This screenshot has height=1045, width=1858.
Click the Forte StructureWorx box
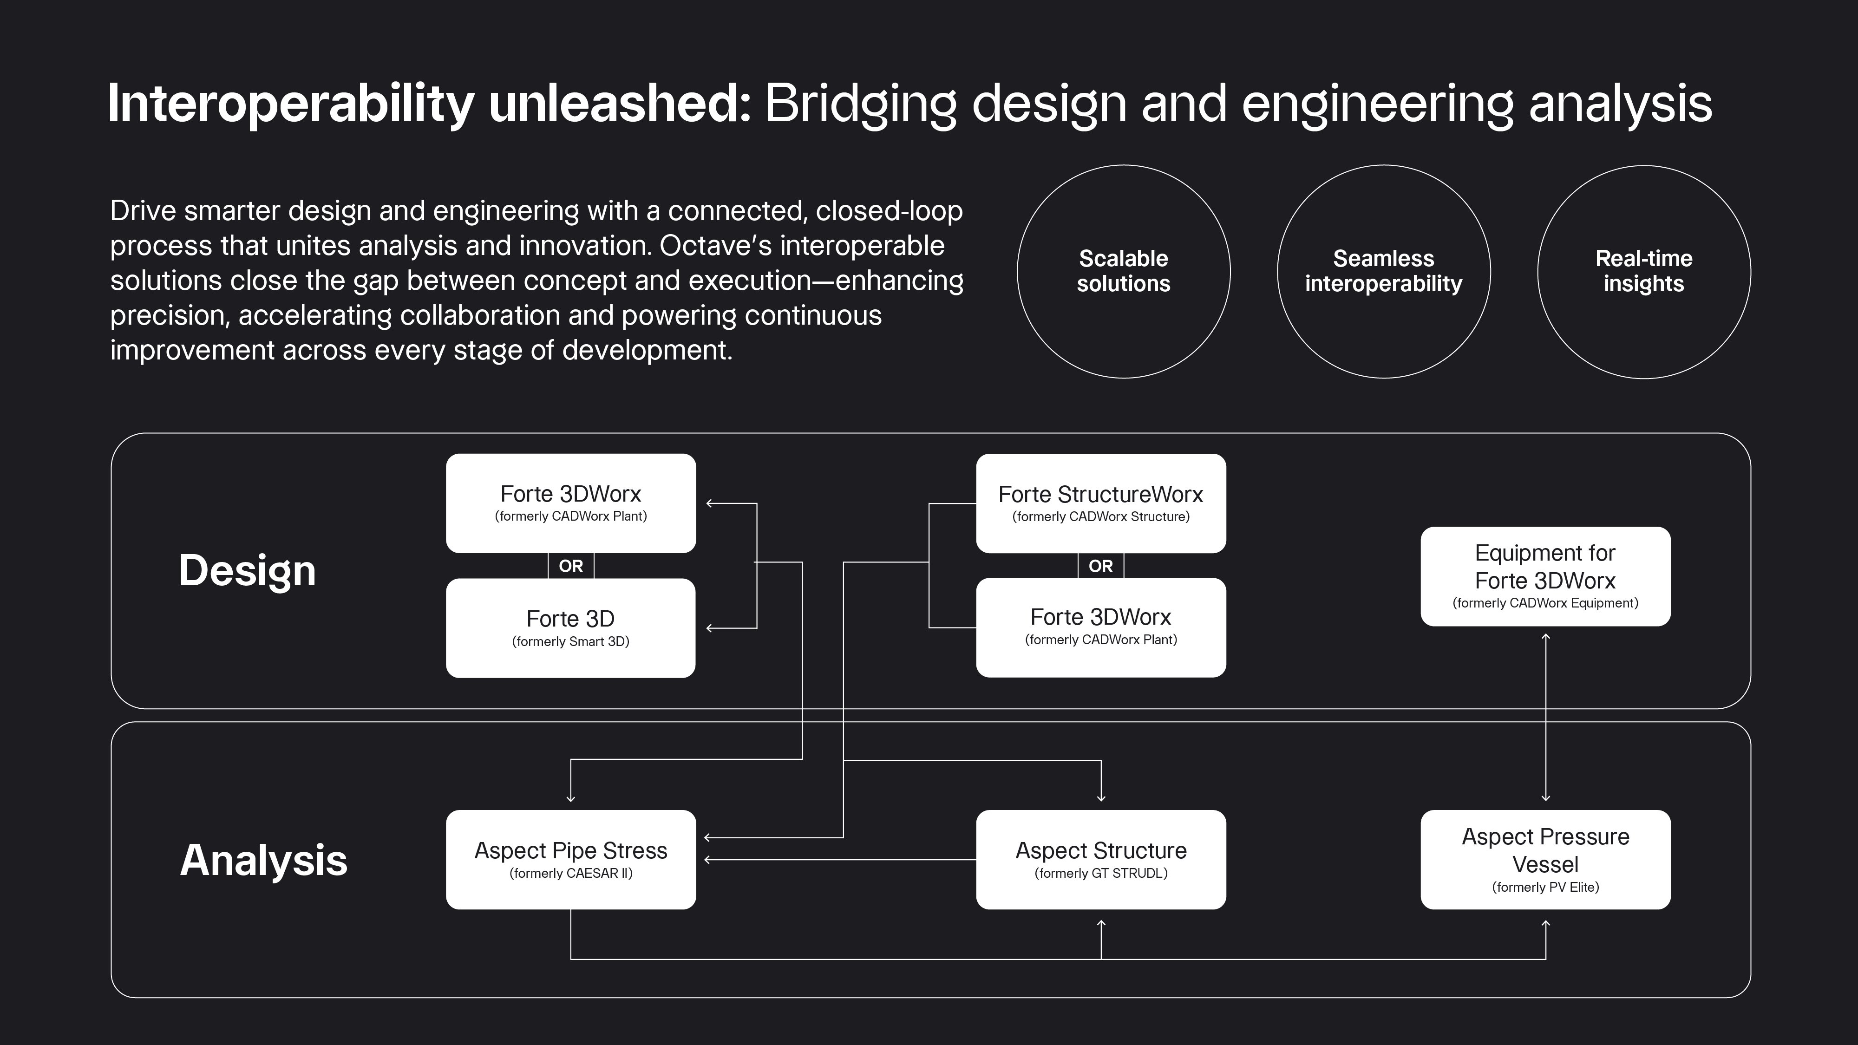1101,503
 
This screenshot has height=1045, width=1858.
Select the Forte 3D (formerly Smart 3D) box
570,628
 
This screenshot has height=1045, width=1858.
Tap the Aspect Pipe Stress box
570,860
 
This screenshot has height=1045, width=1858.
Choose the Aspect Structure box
1101,860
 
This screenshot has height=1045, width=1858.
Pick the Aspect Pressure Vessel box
1546,860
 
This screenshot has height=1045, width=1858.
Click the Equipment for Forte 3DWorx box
1546,576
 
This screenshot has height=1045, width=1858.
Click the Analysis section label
263,860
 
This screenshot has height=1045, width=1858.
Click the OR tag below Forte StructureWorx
1101,566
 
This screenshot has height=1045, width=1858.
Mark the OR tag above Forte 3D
570,566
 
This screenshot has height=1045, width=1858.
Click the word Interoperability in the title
291,104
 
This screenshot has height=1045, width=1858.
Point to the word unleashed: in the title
620,104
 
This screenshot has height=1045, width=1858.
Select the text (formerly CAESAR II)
570,873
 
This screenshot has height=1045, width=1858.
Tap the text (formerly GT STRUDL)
1101,873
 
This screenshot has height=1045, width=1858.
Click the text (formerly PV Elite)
1546,887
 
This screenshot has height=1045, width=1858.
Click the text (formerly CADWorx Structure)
1101,516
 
